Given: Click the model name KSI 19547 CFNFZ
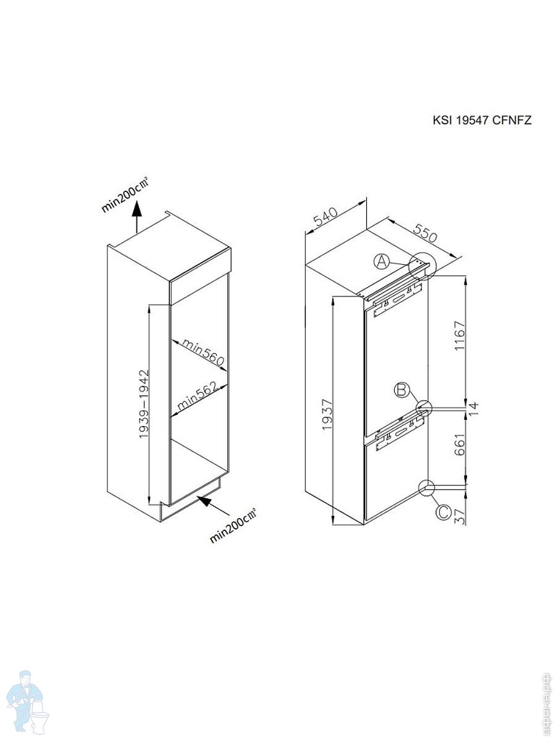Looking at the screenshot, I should click(482, 120).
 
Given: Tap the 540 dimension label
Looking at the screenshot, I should click(325, 217).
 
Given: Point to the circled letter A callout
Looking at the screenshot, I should click(382, 262).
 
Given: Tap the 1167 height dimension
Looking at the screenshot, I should click(460, 336).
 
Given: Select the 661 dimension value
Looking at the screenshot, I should click(460, 446).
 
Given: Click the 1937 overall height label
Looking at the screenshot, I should click(327, 414).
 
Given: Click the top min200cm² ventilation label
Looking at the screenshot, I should click(125, 194).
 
